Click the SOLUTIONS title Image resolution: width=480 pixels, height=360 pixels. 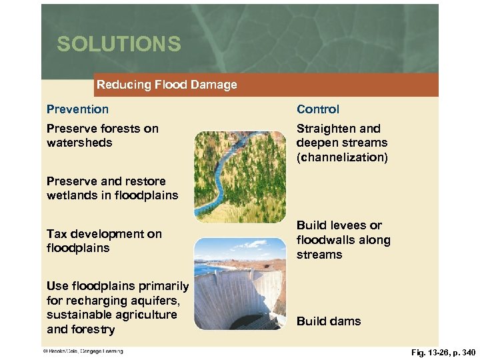[x=119, y=44]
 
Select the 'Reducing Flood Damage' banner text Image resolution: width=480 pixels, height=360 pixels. [x=167, y=85]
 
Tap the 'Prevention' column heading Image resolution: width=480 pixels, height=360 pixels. [x=77, y=109]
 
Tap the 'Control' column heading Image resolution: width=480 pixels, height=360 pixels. [x=318, y=109]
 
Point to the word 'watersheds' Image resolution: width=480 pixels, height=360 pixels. [x=79, y=143]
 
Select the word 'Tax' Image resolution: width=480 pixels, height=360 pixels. [x=57, y=234]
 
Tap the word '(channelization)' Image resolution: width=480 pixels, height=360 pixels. [x=342, y=157]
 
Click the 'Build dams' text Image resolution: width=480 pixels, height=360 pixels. [x=329, y=321]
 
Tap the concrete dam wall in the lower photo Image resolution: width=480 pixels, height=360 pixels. [x=233, y=293]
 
